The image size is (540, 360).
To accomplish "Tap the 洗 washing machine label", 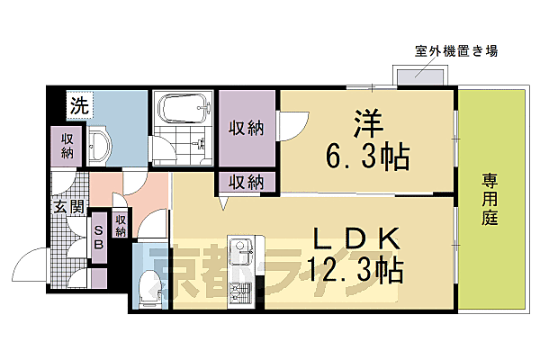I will [81, 105].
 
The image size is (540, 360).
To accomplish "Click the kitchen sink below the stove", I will [240, 292].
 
